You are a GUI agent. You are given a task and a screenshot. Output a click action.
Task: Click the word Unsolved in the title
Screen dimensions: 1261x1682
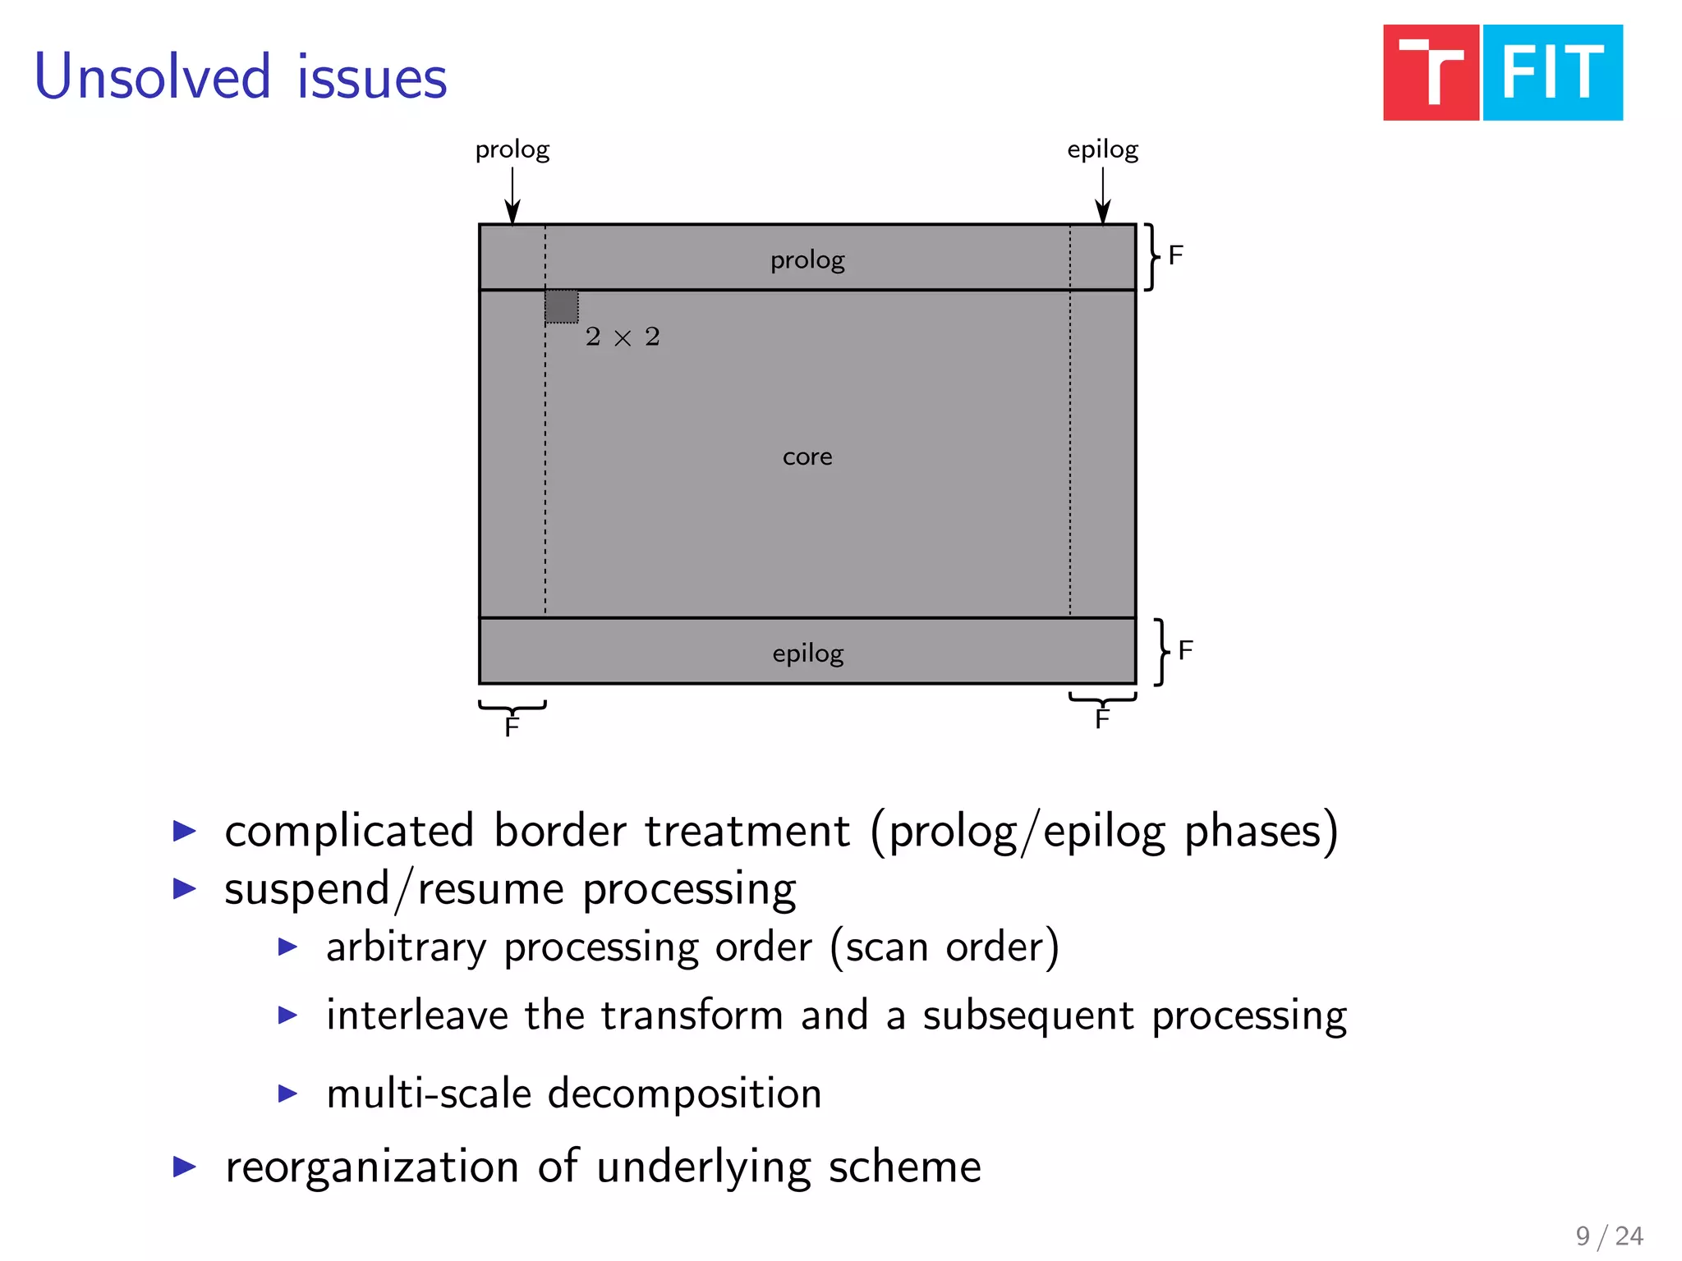click(x=153, y=77)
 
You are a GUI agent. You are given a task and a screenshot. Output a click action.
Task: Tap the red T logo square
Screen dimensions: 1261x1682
click(x=1431, y=73)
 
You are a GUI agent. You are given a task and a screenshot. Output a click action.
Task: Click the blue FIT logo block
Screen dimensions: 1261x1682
click(x=1552, y=73)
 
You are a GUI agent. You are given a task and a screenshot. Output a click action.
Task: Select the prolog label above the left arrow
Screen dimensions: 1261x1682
click(x=512, y=150)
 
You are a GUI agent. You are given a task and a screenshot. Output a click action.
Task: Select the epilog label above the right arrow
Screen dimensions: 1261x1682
click(x=1102, y=150)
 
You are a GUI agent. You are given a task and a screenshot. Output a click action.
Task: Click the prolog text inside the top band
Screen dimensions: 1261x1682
click(x=807, y=260)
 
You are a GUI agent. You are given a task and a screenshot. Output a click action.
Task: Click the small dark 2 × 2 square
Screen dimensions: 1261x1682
click(x=562, y=306)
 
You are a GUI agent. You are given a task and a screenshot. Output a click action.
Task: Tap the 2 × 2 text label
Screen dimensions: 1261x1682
click(x=623, y=337)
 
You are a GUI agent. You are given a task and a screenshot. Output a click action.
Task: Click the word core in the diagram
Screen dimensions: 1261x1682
click(x=807, y=456)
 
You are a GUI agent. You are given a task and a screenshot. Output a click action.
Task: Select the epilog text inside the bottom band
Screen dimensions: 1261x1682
click(x=807, y=653)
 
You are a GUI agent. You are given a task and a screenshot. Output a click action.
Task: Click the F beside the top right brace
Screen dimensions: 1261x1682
click(x=1175, y=255)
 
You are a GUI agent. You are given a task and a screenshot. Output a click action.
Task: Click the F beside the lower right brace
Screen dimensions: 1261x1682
click(x=1185, y=650)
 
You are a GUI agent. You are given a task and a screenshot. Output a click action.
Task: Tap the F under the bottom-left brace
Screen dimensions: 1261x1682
click(x=512, y=727)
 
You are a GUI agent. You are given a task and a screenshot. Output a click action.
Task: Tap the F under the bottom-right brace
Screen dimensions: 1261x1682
click(x=1102, y=719)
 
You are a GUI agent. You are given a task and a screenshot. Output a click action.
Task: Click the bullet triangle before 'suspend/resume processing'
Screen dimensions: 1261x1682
click(x=185, y=888)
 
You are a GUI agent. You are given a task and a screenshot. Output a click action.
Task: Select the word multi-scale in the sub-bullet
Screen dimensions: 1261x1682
click(x=429, y=1094)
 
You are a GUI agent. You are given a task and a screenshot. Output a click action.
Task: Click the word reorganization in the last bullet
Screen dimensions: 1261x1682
click(x=372, y=1167)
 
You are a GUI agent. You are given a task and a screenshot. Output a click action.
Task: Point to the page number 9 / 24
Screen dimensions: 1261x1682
click(x=1609, y=1236)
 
